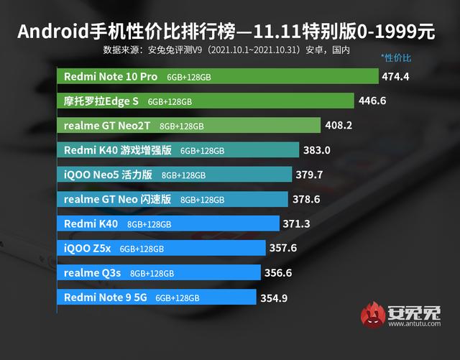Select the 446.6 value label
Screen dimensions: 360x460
[372, 101]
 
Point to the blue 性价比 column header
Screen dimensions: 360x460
[396, 56]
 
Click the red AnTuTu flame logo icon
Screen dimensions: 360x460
[371, 316]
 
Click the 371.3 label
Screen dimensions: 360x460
[296, 224]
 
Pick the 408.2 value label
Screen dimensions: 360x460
[339, 126]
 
